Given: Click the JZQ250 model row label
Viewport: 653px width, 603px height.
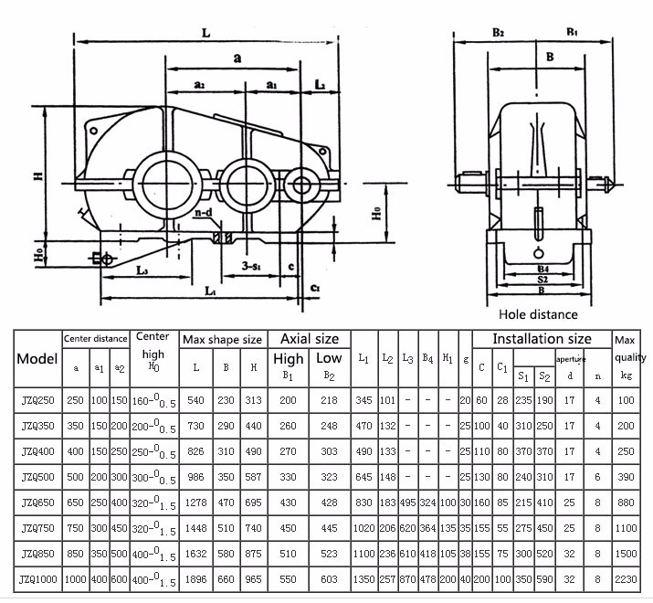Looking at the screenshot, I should click(37, 400).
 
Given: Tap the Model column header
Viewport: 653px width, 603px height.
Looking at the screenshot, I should click(37, 358).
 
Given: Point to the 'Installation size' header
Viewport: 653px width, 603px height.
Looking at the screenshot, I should click(541, 339).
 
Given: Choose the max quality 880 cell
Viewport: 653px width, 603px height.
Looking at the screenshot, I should click(626, 503).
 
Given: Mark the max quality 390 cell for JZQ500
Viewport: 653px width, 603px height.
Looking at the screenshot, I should click(626, 478).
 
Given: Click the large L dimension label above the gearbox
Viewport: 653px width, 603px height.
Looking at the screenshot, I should click(206, 32).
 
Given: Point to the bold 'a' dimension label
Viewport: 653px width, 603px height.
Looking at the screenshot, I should click(237, 58).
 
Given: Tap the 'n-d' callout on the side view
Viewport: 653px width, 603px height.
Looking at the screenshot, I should click(203, 213).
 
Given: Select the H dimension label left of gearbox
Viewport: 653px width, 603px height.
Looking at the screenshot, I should click(39, 174).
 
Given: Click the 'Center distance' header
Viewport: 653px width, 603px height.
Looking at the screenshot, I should click(95, 338).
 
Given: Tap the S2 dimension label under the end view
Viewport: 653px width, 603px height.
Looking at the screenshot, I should click(542, 280).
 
